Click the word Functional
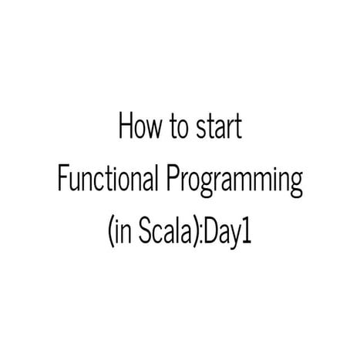point(109,180)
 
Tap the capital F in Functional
point(62,179)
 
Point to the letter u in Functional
point(74,182)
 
